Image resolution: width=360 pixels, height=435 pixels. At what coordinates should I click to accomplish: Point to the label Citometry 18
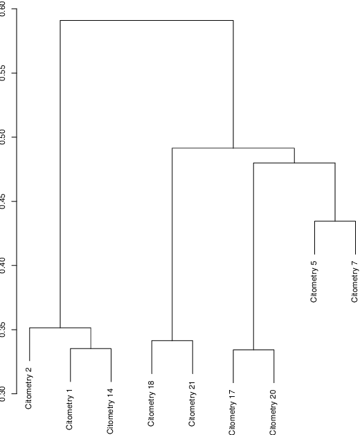coord(152,403)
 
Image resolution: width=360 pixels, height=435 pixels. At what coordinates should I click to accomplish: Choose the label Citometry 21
coord(192,403)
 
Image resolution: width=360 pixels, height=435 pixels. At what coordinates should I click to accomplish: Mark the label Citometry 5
coord(314,282)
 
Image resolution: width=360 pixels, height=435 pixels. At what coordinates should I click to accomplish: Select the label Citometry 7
coord(355,282)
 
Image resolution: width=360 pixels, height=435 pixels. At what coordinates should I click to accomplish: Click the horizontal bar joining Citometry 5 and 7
coord(335,221)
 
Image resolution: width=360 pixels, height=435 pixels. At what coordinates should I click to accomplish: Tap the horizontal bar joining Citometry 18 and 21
coord(172,341)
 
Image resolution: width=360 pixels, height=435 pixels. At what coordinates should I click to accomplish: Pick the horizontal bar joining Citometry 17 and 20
coord(253,350)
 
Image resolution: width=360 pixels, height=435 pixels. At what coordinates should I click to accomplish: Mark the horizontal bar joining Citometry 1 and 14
coord(91,348)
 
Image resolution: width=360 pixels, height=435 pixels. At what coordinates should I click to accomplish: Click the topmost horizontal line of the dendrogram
coord(147,20)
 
